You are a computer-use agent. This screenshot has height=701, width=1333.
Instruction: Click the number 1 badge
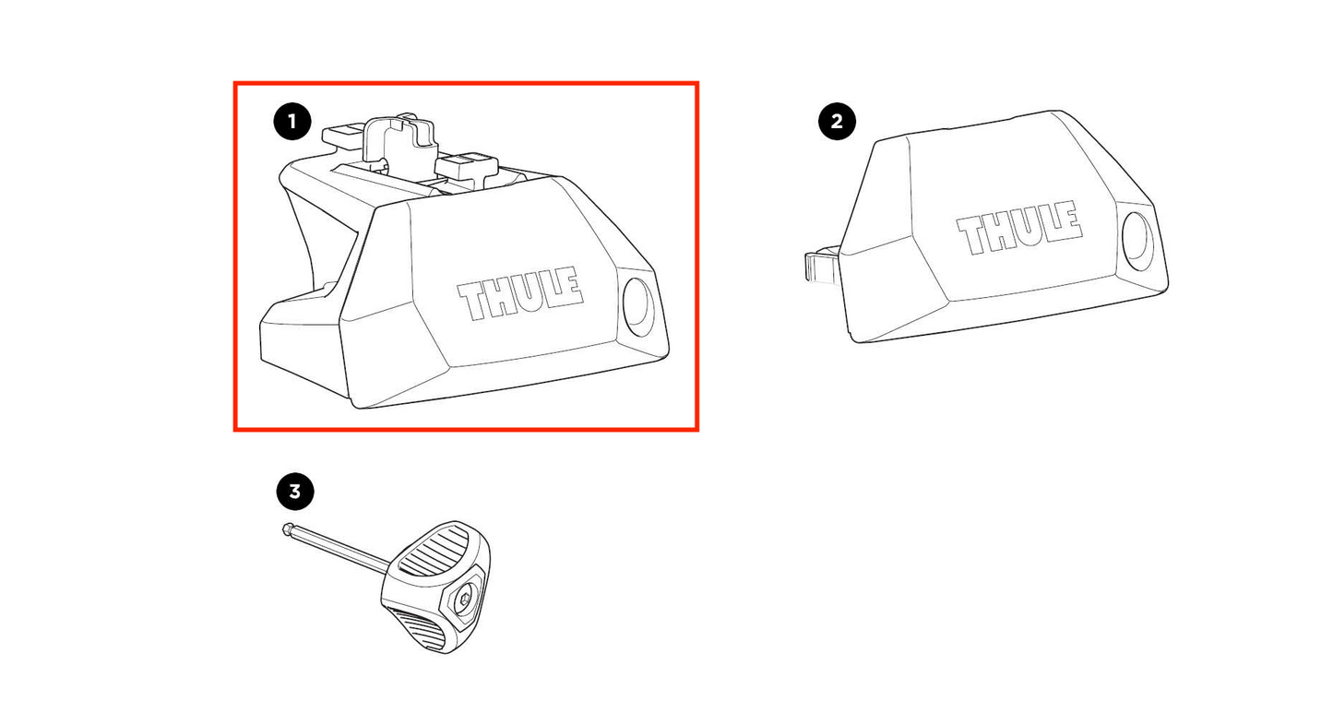click(292, 122)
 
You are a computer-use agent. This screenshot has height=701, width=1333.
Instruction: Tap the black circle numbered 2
click(837, 122)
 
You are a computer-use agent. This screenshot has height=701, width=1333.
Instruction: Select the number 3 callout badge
click(295, 492)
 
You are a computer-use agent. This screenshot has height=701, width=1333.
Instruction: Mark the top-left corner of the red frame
click(235, 83)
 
